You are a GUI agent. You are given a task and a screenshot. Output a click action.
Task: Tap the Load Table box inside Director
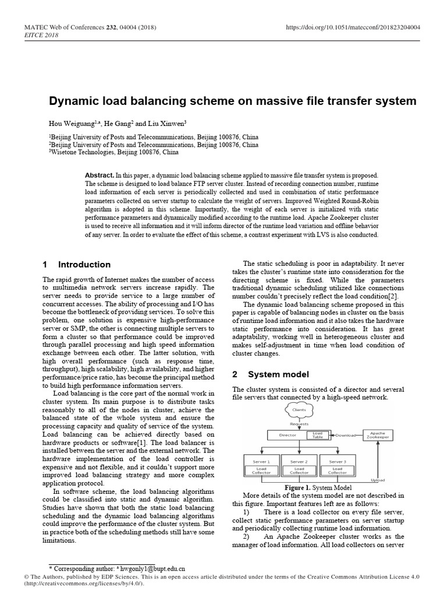tap(317, 435)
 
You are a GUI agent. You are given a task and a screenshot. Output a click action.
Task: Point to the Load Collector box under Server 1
tap(261, 470)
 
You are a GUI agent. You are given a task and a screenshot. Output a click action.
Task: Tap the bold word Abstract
tap(99, 175)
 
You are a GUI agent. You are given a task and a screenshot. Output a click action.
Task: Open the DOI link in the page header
tap(353, 27)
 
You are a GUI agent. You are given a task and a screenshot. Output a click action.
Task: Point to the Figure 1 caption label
tap(299, 487)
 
